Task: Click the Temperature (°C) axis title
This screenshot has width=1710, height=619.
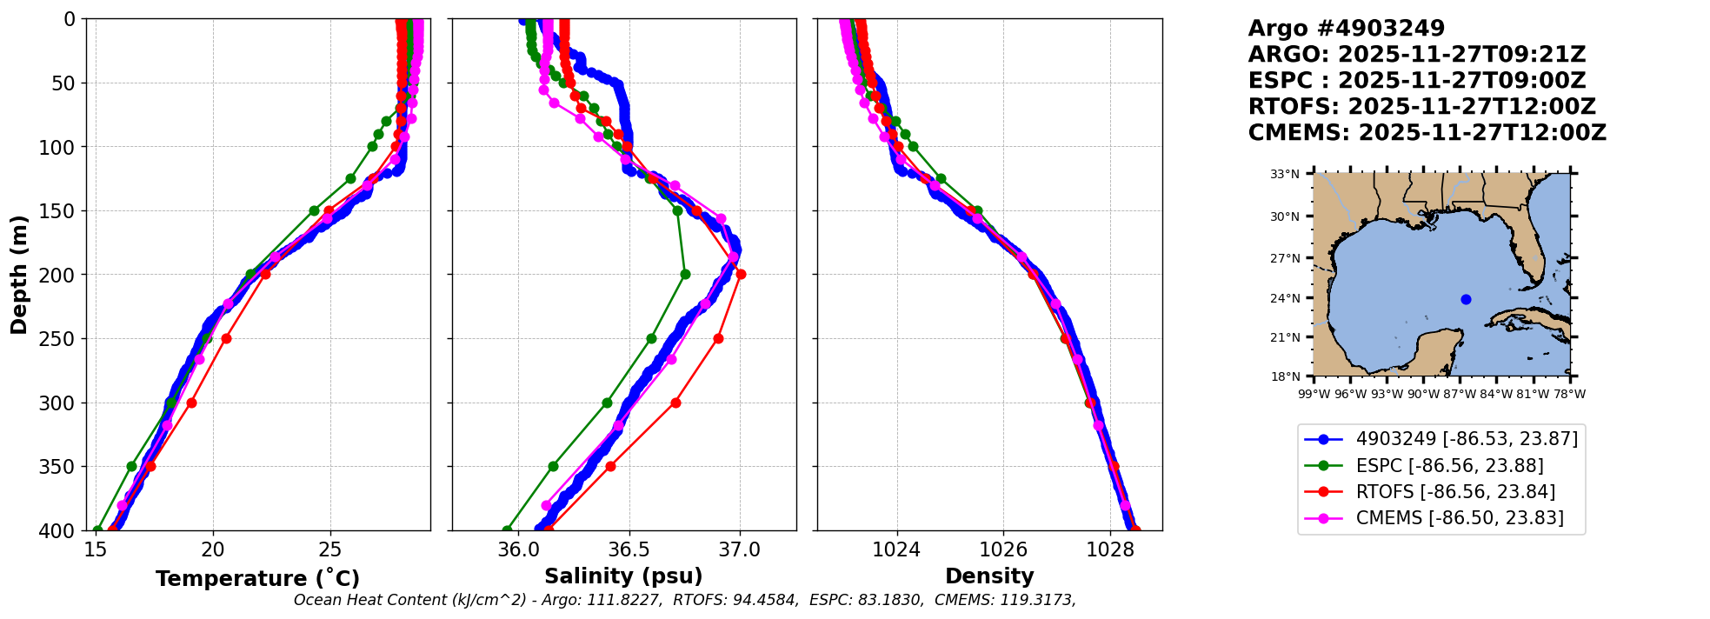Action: point(257,579)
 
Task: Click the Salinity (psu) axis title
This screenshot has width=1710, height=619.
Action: point(623,576)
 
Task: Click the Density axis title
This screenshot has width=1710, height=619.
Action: point(989,576)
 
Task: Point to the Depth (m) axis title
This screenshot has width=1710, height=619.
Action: point(19,275)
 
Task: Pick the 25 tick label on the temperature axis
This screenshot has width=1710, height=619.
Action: point(329,550)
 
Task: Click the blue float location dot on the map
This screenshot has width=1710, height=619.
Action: point(1466,299)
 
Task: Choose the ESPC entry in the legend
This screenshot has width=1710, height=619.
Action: point(1449,465)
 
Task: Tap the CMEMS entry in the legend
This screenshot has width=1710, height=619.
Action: point(1460,518)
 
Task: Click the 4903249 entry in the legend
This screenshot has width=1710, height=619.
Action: point(1467,439)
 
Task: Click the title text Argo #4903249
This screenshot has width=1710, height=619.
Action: point(1346,29)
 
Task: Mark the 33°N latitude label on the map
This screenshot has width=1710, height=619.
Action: point(1284,174)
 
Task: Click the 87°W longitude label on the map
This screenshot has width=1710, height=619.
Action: point(1460,394)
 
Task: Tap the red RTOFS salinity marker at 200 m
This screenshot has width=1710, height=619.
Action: point(741,275)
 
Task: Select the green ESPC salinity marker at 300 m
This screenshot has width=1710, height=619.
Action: point(607,403)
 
